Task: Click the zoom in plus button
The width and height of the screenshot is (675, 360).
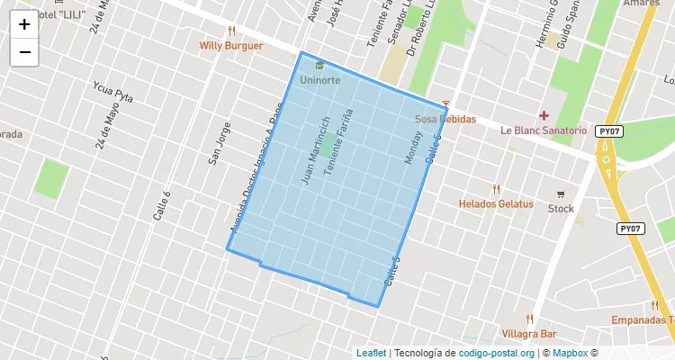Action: click(24, 24)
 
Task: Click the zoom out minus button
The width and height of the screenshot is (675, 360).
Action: click(24, 52)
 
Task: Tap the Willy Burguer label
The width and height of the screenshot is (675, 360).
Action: click(231, 45)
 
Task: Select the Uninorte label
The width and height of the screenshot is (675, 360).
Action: click(319, 79)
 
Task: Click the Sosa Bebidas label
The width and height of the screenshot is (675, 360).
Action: click(445, 119)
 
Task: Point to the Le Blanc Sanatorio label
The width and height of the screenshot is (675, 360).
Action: click(544, 130)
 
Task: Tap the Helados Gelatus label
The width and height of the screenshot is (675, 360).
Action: click(496, 203)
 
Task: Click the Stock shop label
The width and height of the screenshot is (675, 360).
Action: click(561, 209)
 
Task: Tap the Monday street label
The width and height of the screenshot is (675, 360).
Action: click(412, 148)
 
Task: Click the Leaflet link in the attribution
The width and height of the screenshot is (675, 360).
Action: click(371, 353)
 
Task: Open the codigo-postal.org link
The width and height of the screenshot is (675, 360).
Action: click(497, 353)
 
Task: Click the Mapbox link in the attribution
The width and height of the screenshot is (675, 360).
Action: click(570, 353)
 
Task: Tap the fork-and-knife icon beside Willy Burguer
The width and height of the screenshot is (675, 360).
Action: click(231, 31)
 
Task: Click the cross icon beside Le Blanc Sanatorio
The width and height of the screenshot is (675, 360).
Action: click(544, 115)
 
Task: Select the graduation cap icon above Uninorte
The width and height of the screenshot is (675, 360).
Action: click(319, 65)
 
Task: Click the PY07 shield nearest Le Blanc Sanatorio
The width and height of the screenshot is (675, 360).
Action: click(609, 131)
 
